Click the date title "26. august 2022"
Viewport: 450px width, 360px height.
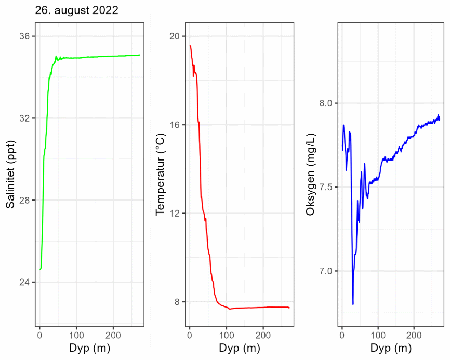tap(76, 10)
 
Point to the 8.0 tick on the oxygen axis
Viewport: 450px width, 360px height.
tap(326, 103)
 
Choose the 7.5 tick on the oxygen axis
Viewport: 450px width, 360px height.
tap(326, 187)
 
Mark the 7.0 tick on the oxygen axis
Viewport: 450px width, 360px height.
tap(326, 271)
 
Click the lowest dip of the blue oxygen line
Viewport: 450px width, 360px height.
tap(353, 304)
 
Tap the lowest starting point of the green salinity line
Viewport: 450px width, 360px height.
tap(40, 269)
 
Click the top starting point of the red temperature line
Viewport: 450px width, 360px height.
tap(190, 46)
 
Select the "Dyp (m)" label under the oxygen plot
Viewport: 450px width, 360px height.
tap(391, 348)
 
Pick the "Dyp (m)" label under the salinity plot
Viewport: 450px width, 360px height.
tap(89, 348)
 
